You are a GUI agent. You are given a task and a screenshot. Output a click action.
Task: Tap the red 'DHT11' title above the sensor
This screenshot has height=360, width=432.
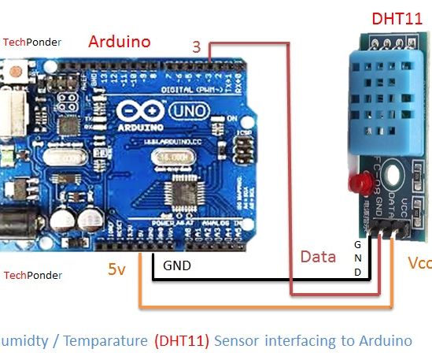tap(398, 18)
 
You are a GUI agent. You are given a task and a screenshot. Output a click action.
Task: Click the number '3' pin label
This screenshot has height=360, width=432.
tap(197, 47)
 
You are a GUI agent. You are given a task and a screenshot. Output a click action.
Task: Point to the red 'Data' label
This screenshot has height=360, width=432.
tap(319, 257)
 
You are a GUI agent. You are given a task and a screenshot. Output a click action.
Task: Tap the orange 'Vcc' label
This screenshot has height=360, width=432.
tap(420, 262)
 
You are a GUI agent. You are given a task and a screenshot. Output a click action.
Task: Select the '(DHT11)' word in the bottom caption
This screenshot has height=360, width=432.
tap(182, 341)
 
